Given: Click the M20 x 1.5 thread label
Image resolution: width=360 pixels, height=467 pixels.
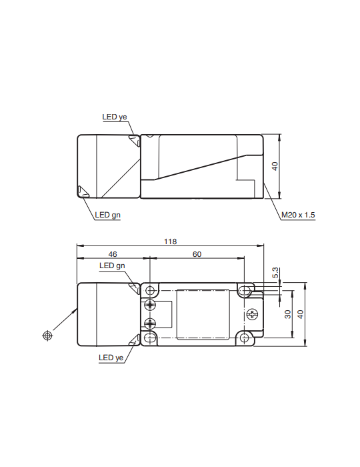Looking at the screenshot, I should pyautogui.click(x=297, y=215).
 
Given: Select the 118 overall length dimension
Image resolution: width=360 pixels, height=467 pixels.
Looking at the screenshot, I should pyautogui.click(x=171, y=242).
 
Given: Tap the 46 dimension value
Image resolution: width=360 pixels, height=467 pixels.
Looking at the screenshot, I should pyautogui.click(x=112, y=254).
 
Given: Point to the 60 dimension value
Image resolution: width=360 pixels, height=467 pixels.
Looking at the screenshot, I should pyautogui.click(x=197, y=254).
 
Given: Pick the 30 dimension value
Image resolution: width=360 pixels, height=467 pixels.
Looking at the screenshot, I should pyautogui.click(x=288, y=314).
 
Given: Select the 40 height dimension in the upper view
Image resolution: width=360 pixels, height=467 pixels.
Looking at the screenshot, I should pyautogui.click(x=275, y=166).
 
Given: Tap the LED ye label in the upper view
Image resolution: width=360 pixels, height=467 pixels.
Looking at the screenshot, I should pyautogui.click(x=114, y=117).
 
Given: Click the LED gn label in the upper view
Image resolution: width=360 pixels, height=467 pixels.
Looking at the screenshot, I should pyautogui.click(x=107, y=215).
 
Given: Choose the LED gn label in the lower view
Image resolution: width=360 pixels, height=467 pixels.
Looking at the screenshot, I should pyautogui.click(x=112, y=266).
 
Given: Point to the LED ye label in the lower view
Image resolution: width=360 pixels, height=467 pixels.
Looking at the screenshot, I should pyautogui.click(x=111, y=358).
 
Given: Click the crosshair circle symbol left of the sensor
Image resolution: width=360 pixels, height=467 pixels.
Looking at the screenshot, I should pyautogui.click(x=47, y=336).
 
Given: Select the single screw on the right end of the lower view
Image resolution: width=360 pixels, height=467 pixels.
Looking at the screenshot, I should pyautogui.click(x=253, y=314).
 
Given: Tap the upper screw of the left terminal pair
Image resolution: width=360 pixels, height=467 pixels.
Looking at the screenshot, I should pyautogui.click(x=151, y=306).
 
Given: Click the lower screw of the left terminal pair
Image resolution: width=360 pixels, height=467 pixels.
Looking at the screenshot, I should pyautogui.click(x=151, y=324).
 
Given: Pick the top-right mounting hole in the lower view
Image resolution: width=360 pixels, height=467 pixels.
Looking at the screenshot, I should pyautogui.click(x=246, y=291).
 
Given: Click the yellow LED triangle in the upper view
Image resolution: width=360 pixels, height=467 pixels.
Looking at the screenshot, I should pyautogui.click(x=135, y=141).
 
